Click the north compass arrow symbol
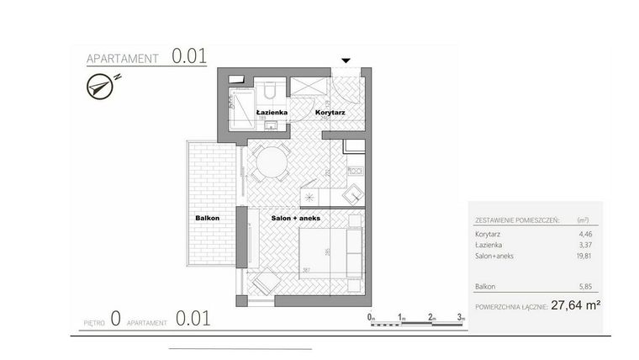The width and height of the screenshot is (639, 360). [102, 85]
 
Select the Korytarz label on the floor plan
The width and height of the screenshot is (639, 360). [330, 112]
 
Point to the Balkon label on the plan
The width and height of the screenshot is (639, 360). [207, 218]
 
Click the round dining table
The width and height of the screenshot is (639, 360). [271, 161]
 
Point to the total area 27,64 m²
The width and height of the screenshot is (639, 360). [576, 306]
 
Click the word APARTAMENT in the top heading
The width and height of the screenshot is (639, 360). [124, 59]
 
